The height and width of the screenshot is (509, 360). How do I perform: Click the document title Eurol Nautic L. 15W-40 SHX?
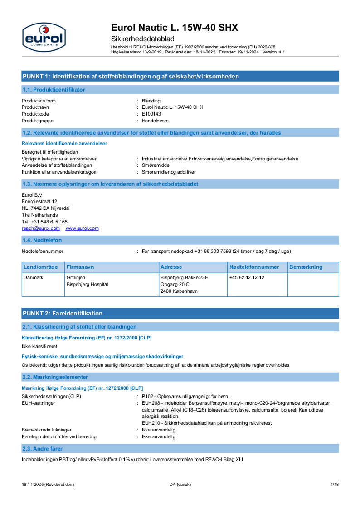(175, 28)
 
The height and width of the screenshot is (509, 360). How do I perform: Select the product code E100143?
(151, 114)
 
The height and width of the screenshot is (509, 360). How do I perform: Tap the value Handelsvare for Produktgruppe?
(155, 121)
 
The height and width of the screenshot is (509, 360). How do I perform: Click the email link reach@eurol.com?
(41, 228)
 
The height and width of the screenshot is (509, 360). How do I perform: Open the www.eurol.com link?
(82, 228)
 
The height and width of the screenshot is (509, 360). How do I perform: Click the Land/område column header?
(41, 267)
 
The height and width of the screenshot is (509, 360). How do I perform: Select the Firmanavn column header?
(80, 267)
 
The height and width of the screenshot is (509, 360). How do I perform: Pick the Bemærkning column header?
(306, 267)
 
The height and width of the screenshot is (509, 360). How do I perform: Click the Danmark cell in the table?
(34, 277)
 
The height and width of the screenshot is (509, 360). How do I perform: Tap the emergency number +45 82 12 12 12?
(247, 277)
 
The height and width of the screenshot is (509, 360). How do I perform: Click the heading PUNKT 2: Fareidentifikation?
(63, 313)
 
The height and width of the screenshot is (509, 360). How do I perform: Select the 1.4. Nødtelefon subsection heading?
(42, 240)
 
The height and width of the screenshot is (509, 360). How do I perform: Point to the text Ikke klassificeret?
(39, 346)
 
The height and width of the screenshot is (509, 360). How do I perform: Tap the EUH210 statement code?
(150, 423)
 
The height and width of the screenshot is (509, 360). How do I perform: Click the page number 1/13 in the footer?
(334, 485)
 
